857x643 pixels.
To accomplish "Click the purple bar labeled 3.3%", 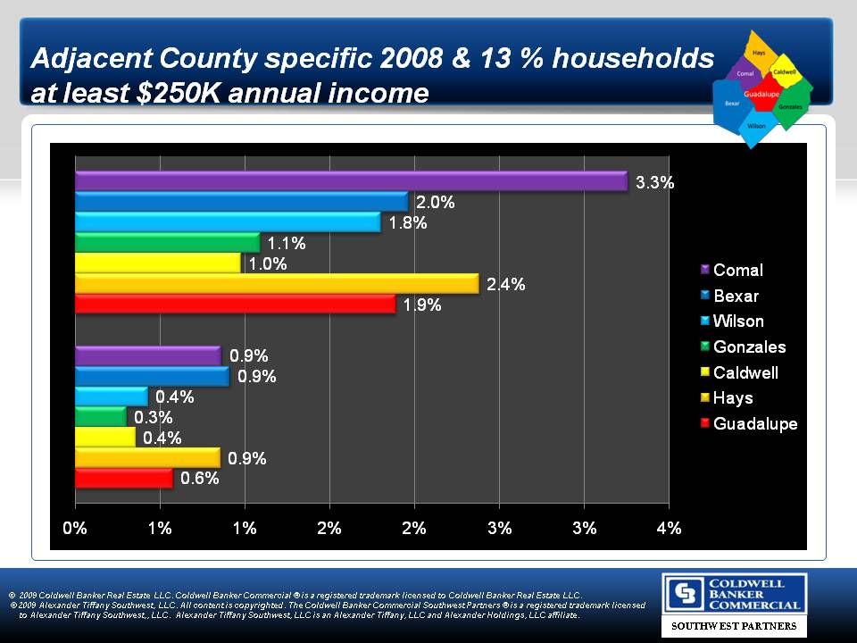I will point(351,181).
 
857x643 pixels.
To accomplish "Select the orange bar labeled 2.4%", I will point(277,284).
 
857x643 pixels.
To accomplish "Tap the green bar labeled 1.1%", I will point(167,242).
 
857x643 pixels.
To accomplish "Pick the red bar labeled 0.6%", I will point(123,479).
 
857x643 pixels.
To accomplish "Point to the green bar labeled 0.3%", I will point(100,417).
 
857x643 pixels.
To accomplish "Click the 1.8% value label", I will point(407,223).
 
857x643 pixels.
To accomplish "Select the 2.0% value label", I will point(435,203).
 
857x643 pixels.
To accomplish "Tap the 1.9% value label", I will point(421,305).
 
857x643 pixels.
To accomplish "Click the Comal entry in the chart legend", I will point(737,271).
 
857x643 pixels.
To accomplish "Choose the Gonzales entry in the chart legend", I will point(749,347).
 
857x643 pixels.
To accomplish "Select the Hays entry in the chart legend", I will point(733,398).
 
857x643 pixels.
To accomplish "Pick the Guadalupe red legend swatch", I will point(704,423).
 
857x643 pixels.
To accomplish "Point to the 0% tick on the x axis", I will point(75,528).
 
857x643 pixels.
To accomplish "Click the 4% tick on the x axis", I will point(669,528).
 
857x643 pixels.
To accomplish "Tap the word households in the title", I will point(636,59).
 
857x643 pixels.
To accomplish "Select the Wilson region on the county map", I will point(756,126).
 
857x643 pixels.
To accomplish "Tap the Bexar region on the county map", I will point(732,104).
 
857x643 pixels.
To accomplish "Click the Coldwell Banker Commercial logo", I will point(734,593).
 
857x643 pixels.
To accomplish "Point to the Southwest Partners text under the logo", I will point(734,626).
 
